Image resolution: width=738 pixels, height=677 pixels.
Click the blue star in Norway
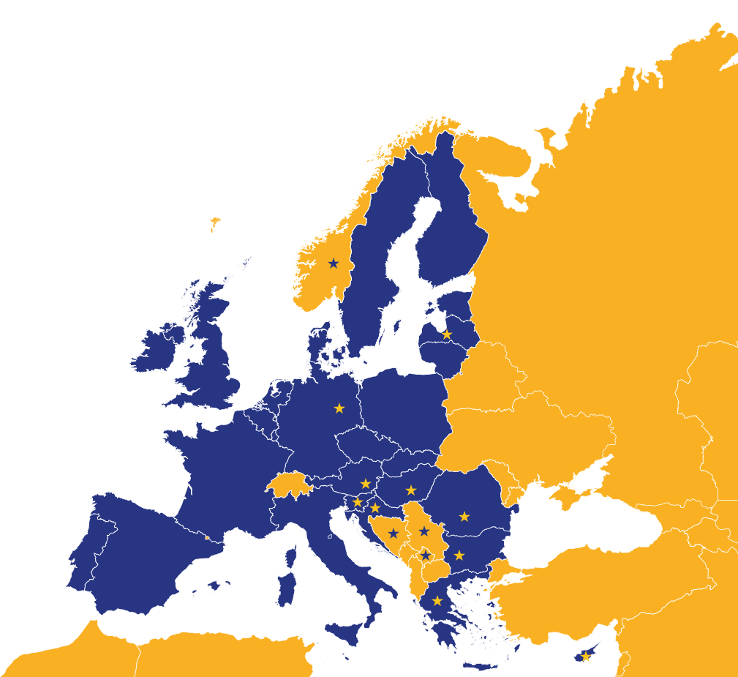click(334, 263)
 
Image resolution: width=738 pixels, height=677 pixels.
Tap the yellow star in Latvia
click(447, 334)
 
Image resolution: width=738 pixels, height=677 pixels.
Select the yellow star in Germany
click(339, 408)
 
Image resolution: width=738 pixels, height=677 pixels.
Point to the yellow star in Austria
click(365, 484)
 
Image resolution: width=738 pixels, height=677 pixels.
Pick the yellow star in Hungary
click(411, 490)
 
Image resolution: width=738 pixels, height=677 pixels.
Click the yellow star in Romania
click(464, 517)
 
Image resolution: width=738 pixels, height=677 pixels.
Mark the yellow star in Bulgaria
click(459, 556)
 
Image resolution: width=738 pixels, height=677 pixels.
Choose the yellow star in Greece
click(437, 601)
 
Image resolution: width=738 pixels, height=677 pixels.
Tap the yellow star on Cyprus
click(585, 657)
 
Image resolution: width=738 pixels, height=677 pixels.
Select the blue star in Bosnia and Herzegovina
click(394, 534)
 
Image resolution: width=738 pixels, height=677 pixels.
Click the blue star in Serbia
click(423, 531)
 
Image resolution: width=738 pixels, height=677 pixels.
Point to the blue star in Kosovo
click(426, 556)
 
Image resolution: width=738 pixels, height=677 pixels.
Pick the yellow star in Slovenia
click(358, 502)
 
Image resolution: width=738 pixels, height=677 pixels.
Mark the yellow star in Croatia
click(375, 508)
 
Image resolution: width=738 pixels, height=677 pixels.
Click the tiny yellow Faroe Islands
click(214, 222)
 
